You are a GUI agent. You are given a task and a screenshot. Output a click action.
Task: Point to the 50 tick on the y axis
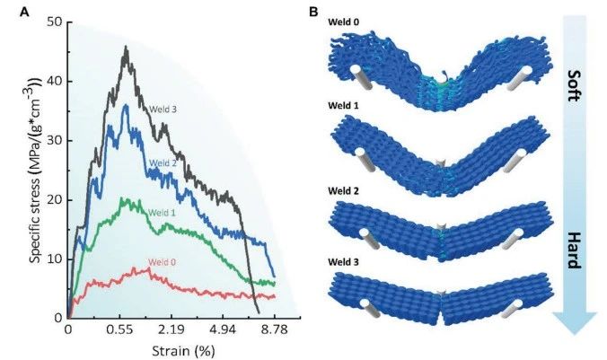(x=56, y=22)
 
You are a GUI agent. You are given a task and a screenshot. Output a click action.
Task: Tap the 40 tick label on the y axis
(x=56, y=81)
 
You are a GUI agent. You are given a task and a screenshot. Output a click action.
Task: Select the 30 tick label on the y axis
(x=56, y=140)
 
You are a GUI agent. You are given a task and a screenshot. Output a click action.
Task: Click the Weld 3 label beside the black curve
(x=163, y=110)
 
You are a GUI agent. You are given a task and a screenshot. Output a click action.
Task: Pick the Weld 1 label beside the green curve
(x=163, y=212)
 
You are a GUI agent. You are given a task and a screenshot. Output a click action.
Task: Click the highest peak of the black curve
(x=127, y=48)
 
